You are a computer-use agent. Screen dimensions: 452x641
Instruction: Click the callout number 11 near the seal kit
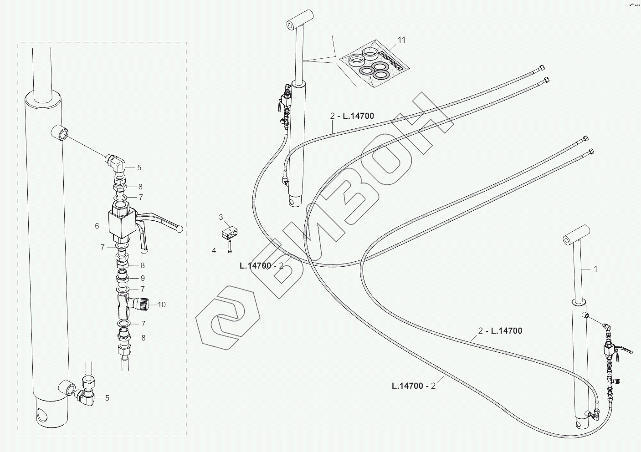(401, 40)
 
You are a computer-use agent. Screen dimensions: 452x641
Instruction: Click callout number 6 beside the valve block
(97, 225)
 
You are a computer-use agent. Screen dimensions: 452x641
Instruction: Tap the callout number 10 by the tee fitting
(162, 305)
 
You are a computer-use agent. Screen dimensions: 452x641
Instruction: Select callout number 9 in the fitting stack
(143, 278)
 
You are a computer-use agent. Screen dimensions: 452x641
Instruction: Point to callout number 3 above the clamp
(221, 217)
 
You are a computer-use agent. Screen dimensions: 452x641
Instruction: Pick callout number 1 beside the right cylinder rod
(595, 269)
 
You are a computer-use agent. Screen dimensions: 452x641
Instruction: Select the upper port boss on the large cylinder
(61, 134)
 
